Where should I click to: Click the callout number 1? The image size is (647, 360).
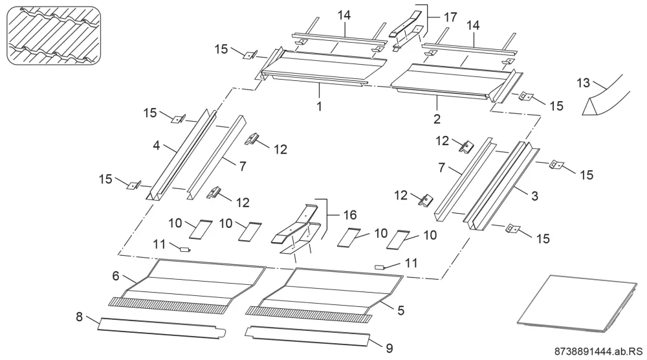(x=319, y=106)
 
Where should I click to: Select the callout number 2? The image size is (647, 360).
(x=437, y=119)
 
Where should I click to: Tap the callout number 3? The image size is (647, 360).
(x=535, y=196)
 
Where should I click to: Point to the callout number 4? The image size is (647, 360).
(x=157, y=145)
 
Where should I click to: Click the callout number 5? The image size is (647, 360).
(x=400, y=310)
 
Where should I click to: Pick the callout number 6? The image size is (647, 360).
(x=116, y=275)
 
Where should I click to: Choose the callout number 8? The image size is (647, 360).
(x=79, y=317)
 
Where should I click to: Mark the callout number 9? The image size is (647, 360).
(x=389, y=348)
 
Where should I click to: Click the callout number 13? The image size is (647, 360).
(x=583, y=83)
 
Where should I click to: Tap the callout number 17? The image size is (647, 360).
(x=450, y=17)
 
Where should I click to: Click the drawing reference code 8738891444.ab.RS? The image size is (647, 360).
(x=599, y=352)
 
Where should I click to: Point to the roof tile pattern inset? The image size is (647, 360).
(x=54, y=36)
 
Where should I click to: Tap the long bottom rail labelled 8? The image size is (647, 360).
(x=162, y=328)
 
